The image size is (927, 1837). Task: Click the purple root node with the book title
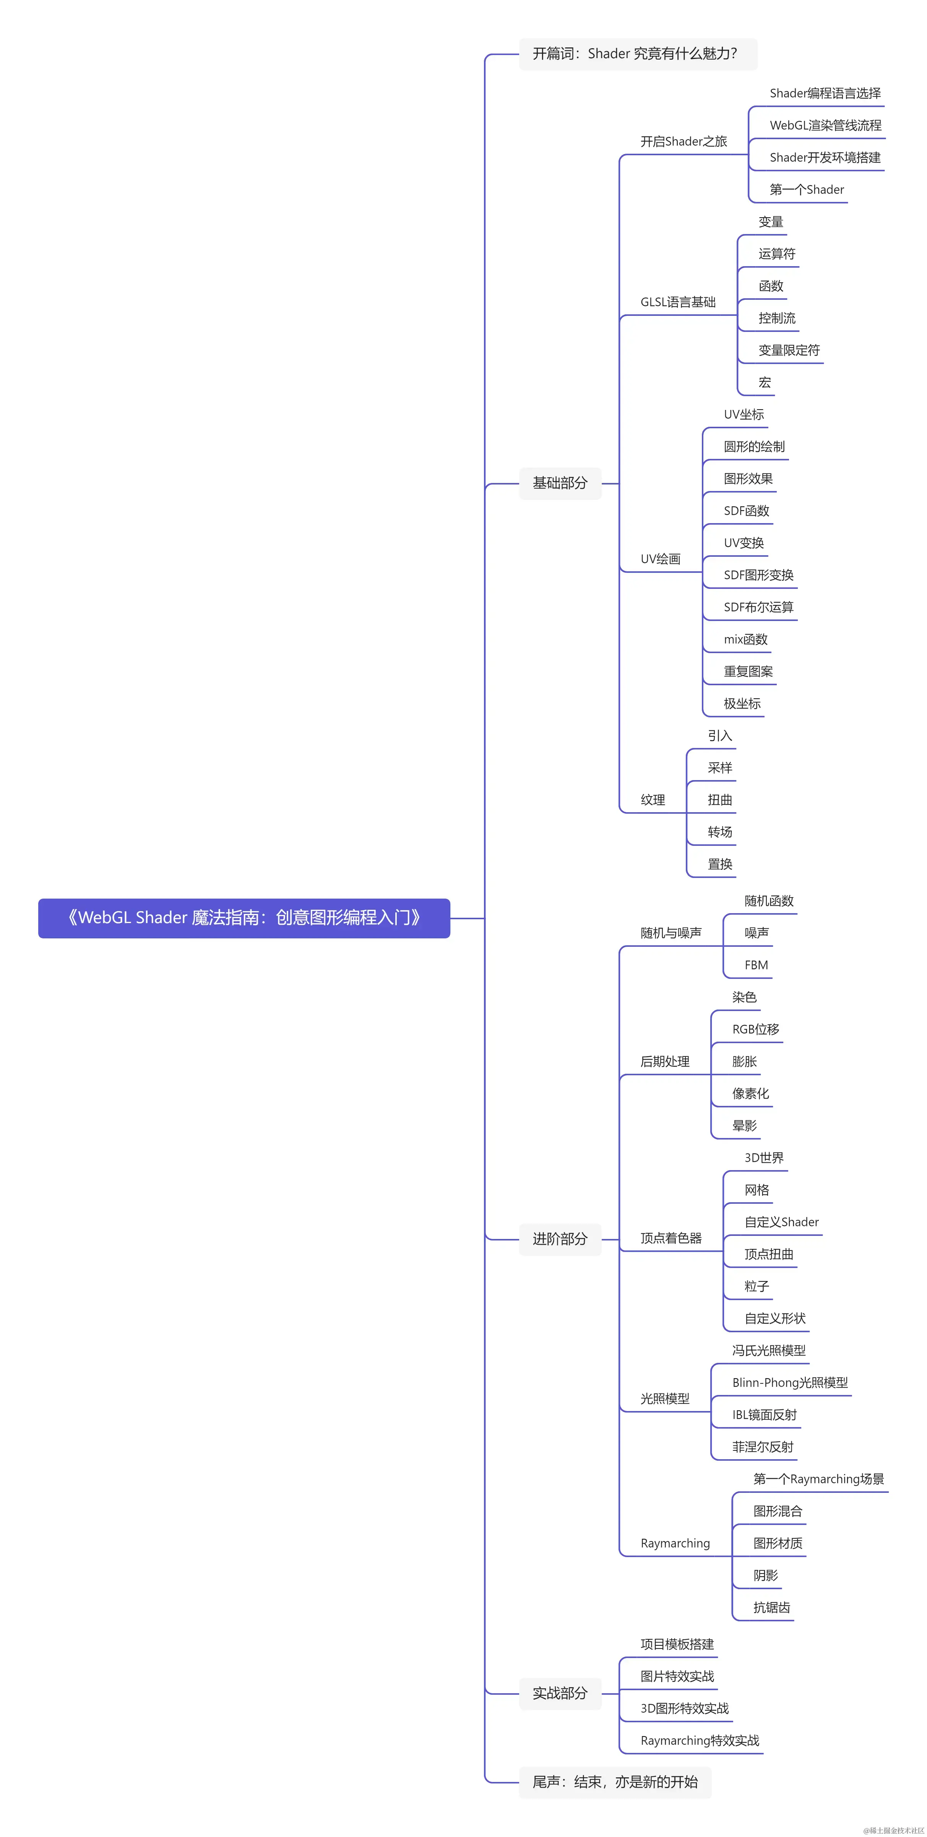[244, 918]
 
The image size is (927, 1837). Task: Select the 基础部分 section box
[560, 483]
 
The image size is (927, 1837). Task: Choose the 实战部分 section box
[560, 1693]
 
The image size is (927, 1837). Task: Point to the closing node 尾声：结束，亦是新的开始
[615, 1782]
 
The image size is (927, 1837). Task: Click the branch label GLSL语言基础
[677, 302]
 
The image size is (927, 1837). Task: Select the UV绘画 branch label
[660, 559]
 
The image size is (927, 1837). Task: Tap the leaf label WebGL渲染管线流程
[825, 125]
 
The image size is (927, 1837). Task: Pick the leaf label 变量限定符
[789, 350]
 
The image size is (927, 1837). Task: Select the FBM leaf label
[756, 965]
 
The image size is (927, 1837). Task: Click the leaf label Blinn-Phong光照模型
[789, 1383]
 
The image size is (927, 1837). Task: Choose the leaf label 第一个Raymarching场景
[818, 1479]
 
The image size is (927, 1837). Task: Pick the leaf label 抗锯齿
[771, 1608]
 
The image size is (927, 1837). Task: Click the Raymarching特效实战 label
[700, 1741]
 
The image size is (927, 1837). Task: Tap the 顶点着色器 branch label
[670, 1239]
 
